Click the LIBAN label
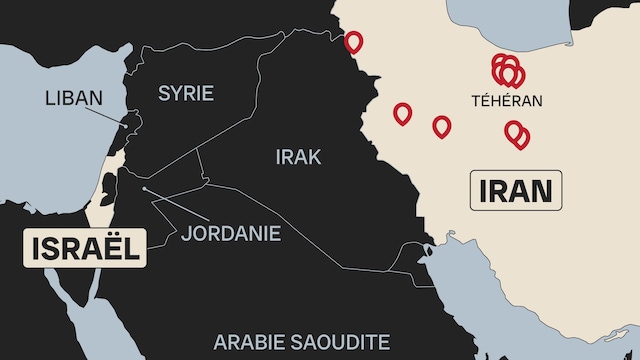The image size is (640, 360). coord(74,98)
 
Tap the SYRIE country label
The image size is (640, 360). coord(186,93)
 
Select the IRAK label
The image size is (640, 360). coord(298,156)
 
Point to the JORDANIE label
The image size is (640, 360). coord(231,233)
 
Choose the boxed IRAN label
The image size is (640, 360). coord(516,190)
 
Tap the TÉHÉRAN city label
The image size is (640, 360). coord(507,100)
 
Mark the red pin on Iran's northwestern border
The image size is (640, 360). coord(353,42)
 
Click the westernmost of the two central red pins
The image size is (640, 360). coord(402,113)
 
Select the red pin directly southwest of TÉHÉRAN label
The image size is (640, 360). coord(441,126)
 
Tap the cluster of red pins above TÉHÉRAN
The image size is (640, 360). coord(507,70)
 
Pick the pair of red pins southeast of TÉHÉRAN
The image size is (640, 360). coord(517,133)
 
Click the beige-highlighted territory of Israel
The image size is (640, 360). coord(103,195)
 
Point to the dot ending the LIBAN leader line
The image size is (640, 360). coord(126,126)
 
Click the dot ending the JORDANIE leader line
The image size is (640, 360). coord(145,188)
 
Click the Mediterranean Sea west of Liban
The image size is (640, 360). coord(40,150)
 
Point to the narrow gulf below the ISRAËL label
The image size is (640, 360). coord(93,290)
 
